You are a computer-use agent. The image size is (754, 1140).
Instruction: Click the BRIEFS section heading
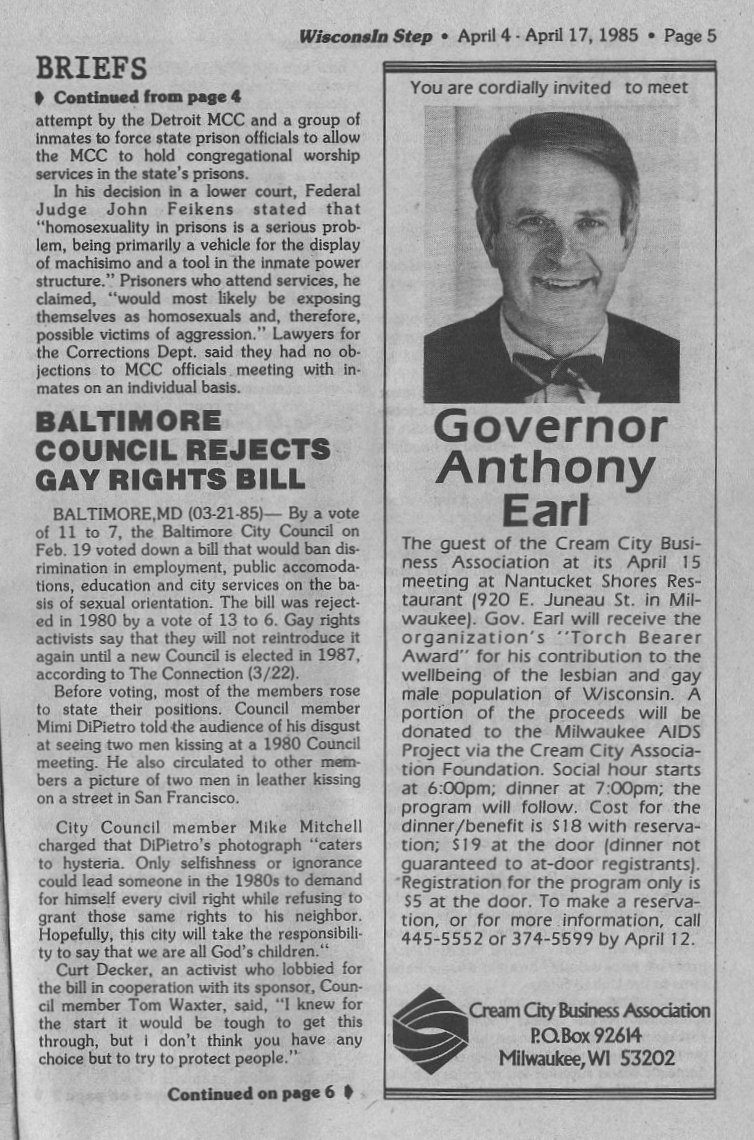point(91,69)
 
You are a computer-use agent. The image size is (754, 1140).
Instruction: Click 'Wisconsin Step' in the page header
point(366,36)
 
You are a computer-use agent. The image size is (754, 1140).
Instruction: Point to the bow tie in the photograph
point(558,370)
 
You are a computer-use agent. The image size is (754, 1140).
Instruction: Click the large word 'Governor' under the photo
point(550,427)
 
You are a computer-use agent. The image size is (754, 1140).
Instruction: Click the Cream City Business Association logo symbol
point(430,1030)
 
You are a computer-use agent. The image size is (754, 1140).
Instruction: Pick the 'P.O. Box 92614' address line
point(588,1035)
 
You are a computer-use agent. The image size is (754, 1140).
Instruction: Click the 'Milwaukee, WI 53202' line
point(588,1058)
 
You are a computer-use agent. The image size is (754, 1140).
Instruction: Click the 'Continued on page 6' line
point(251,1093)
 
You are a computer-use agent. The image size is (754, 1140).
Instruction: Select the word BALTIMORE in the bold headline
point(115,420)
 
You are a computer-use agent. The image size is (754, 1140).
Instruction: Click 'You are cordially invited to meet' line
point(549,88)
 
